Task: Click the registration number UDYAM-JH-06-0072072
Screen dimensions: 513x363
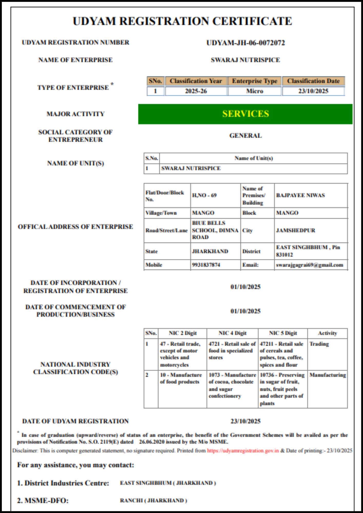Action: (245, 43)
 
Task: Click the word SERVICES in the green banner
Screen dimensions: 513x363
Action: (245, 114)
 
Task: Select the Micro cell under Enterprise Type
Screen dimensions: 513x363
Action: (254, 91)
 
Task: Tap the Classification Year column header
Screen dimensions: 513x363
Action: (196, 81)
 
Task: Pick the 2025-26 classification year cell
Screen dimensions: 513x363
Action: (196, 91)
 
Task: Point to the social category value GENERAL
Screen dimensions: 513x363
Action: (245, 135)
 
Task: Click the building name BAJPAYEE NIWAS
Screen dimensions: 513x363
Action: (300, 195)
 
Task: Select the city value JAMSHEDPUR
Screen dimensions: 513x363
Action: (295, 230)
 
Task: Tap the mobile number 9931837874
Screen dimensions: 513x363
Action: (206, 265)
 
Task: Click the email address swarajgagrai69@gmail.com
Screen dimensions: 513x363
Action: (309, 265)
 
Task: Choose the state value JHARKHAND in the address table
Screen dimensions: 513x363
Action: (210, 251)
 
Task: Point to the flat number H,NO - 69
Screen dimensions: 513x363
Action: (204, 195)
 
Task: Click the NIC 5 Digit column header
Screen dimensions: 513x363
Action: (283, 333)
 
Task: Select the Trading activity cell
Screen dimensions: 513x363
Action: (319, 344)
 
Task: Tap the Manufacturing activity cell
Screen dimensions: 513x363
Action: (328, 375)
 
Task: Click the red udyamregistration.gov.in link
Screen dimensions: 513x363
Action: (243, 451)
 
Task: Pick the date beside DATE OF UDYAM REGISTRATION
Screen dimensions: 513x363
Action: (245, 421)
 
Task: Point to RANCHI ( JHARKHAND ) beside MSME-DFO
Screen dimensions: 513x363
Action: (153, 500)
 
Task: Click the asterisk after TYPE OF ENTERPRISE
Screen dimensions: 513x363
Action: (112, 84)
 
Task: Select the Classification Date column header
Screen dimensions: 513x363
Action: (313, 81)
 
